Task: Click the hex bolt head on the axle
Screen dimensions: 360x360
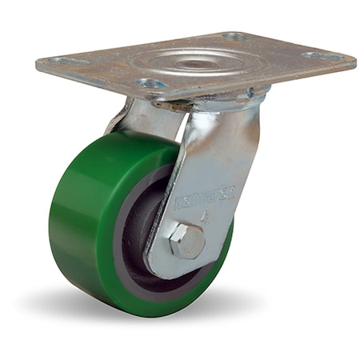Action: (x=187, y=241)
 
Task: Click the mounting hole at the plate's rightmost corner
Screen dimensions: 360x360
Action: (x=318, y=57)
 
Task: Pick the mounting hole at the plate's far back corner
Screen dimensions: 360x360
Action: (x=234, y=37)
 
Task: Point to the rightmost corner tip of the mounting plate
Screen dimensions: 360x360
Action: (x=354, y=61)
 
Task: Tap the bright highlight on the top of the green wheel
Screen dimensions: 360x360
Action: (x=120, y=144)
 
